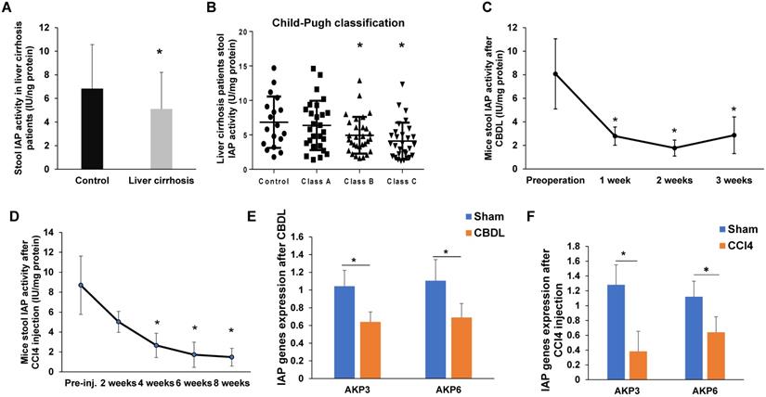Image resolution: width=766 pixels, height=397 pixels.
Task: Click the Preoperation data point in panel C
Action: click(554, 73)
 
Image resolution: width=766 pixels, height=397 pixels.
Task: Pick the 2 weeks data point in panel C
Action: click(675, 147)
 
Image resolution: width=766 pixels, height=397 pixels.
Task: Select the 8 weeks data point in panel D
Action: click(230, 357)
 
